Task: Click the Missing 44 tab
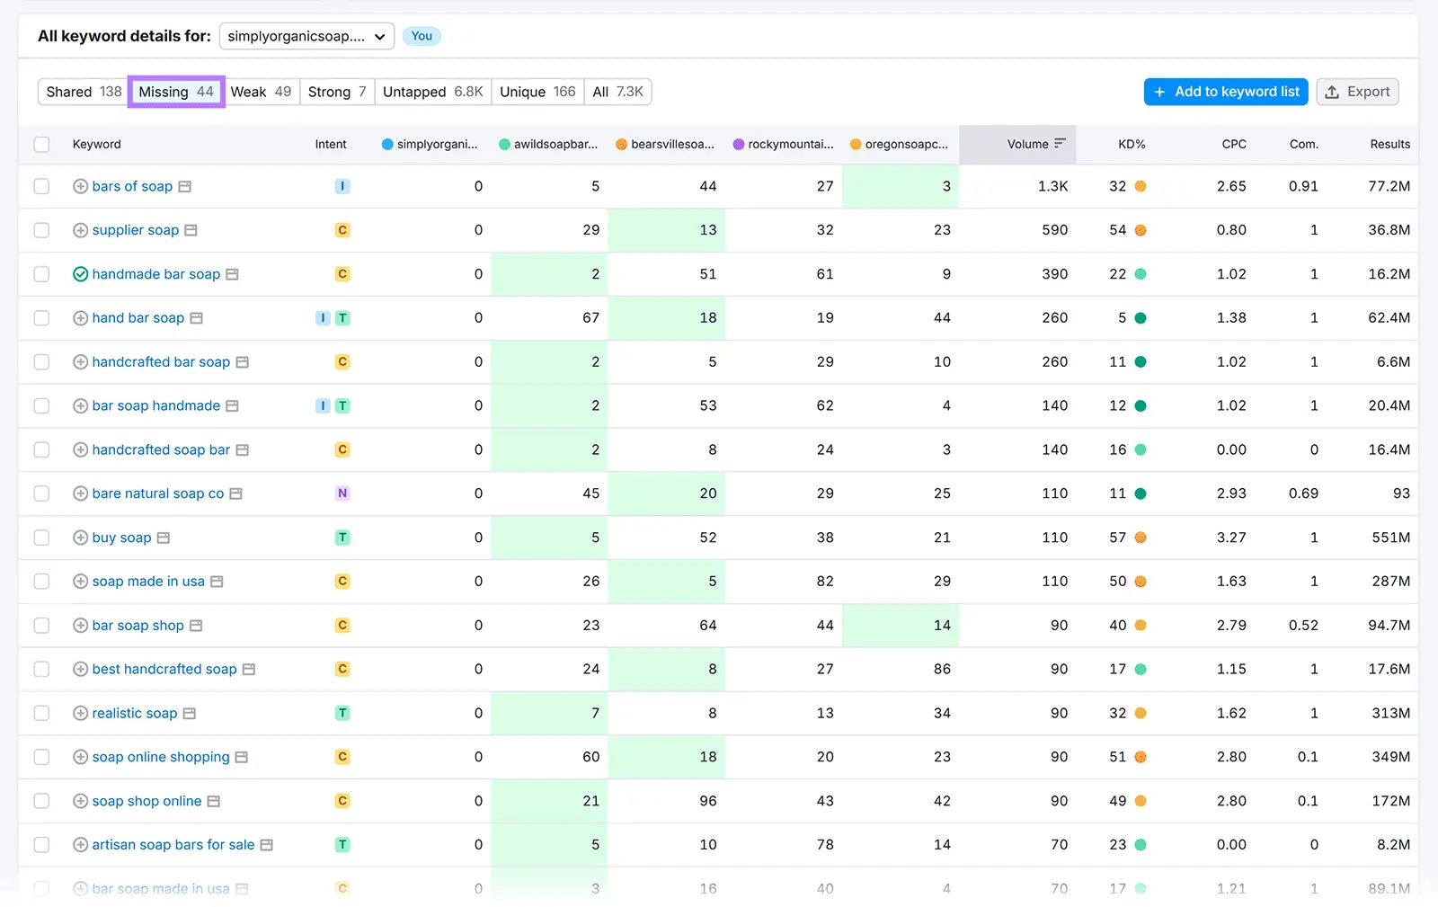coord(176,92)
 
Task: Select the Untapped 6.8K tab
coord(432,92)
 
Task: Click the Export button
coord(1357,92)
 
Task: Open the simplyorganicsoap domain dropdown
coord(306,36)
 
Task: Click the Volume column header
coord(1027,144)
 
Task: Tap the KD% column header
coord(1131,144)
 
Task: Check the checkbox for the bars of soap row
coord(41,186)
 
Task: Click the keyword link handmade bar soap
coord(155,274)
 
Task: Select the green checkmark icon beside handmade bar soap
coord(80,274)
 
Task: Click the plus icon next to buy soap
coord(80,538)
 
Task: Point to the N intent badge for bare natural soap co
coord(342,494)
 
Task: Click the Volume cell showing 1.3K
coord(1052,186)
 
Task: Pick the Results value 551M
coord(1390,538)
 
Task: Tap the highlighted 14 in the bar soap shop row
coord(941,626)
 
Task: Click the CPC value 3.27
coord(1230,538)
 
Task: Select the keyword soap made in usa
coord(148,582)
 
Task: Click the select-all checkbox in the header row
coord(41,144)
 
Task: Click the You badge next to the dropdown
coord(422,36)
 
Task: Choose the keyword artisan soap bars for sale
coord(173,845)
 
